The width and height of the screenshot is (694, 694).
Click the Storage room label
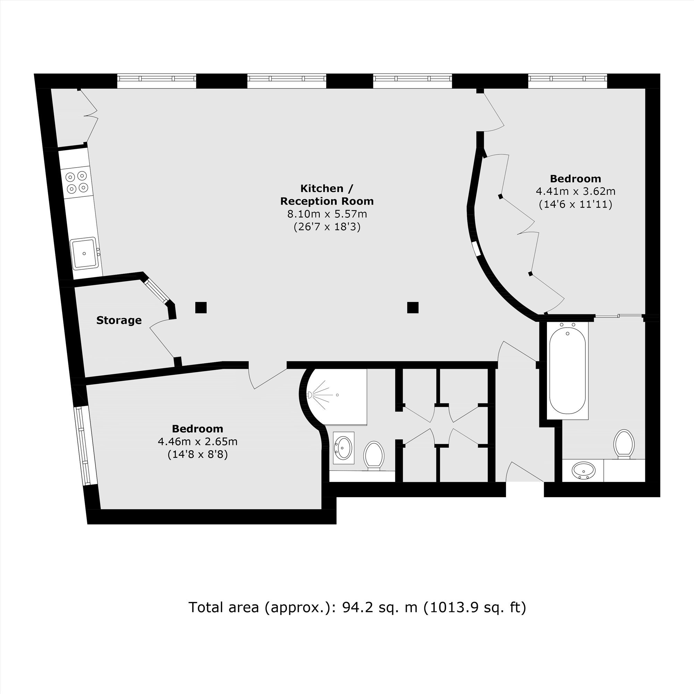pyautogui.click(x=119, y=320)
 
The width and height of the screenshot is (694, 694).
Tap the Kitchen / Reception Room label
pyautogui.click(x=327, y=195)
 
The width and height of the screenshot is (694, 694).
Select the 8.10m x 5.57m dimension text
pyautogui.click(x=327, y=214)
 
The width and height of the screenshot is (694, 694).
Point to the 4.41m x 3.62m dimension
pyautogui.click(x=575, y=191)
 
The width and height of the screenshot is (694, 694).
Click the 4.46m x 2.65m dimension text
pyautogui.click(x=197, y=441)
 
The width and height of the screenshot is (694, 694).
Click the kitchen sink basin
pyautogui.click(x=84, y=253)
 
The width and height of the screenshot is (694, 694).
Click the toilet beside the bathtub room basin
pyautogui.click(x=624, y=444)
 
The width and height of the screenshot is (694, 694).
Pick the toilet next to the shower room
pyautogui.click(x=374, y=456)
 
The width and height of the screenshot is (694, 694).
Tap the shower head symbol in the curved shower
pyautogui.click(x=310, y=395)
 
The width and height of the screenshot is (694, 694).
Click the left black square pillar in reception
pyautogui.click(x=201, y=307)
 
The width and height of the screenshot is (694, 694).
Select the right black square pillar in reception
pyautogui.click(x=413, y=307)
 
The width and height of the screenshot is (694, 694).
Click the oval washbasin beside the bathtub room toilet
pyautogui.click(x=583, y=471)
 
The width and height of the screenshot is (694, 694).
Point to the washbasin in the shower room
pyautogui.click(x=344, y=448)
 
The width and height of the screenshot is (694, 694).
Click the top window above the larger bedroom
pyautogui.click(x=568, y=78)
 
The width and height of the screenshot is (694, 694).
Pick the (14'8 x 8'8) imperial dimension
pyautogui.click(x=197, y=455)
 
